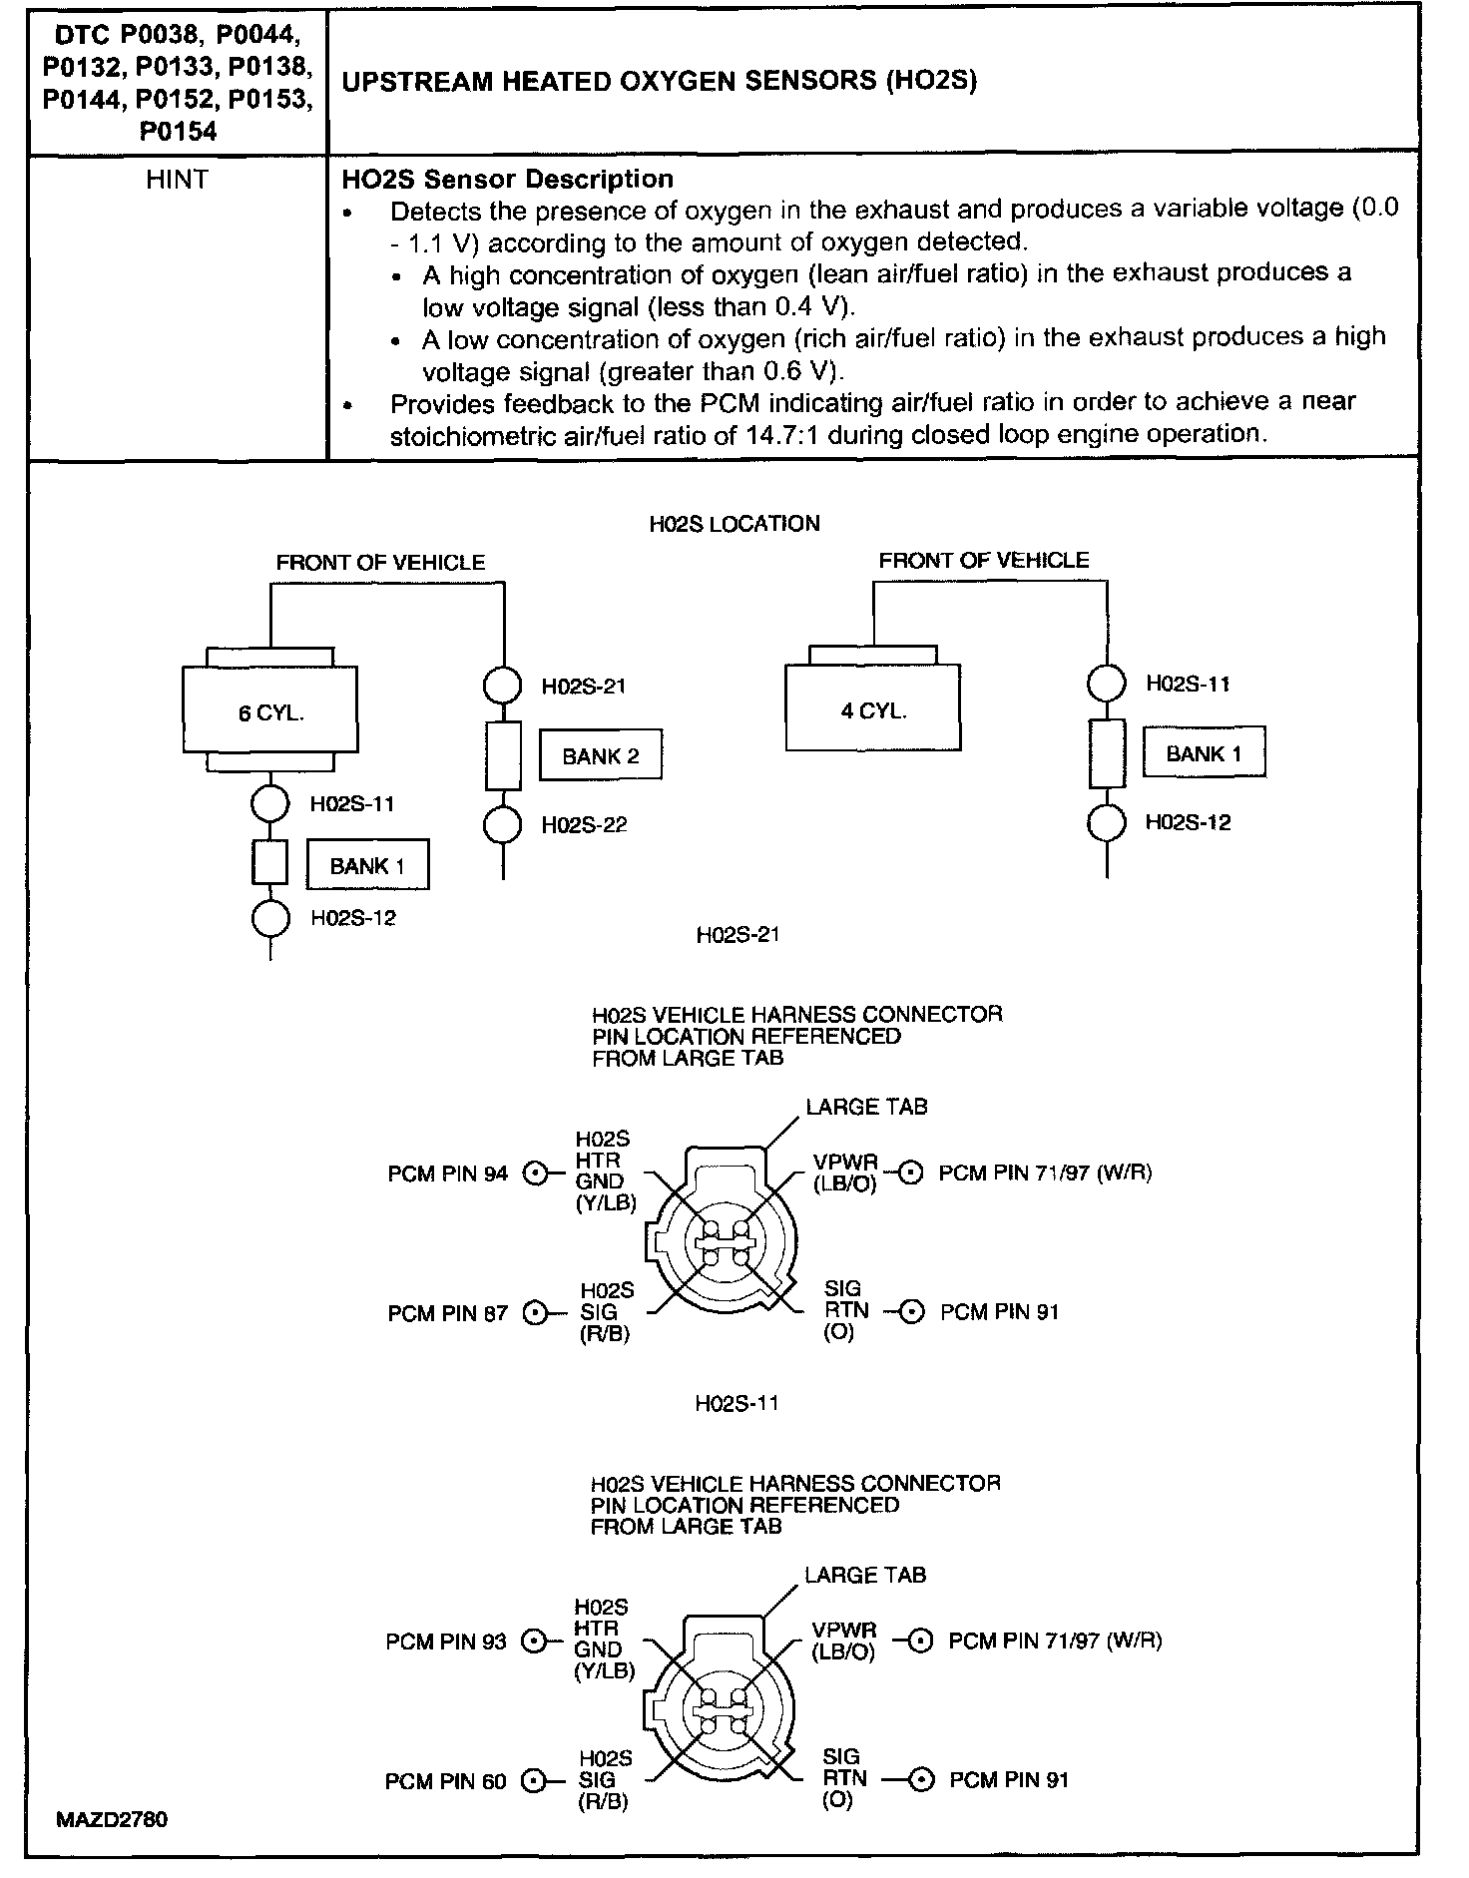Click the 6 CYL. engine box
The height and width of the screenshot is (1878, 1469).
coord(269,709)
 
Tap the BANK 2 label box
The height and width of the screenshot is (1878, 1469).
coord(600,755)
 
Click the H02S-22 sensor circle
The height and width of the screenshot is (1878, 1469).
coord(503,824)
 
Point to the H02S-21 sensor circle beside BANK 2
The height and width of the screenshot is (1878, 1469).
coord(503,686)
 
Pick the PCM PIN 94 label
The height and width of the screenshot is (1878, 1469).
coord(447,1174)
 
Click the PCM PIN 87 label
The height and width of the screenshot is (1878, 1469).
coord(447,1313)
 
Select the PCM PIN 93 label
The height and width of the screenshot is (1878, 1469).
coord(446,1642)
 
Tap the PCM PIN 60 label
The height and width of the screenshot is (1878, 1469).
coord(445,1781)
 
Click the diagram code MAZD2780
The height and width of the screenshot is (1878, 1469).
coord(112,1819)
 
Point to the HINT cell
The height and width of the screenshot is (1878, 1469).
coord(177,180)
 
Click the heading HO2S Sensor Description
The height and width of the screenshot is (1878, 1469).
coord(507,180)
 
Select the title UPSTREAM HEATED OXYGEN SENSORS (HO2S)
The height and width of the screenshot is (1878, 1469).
coord(659,82)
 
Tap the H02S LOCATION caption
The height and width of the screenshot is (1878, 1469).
coord(734,524)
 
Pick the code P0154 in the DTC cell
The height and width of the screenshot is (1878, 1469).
coord(179,131)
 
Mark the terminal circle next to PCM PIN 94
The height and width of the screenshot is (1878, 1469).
coord(536,1174)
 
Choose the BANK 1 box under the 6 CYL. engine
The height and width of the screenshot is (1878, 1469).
coord(367,865)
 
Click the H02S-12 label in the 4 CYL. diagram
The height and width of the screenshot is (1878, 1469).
coord(1188,822)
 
